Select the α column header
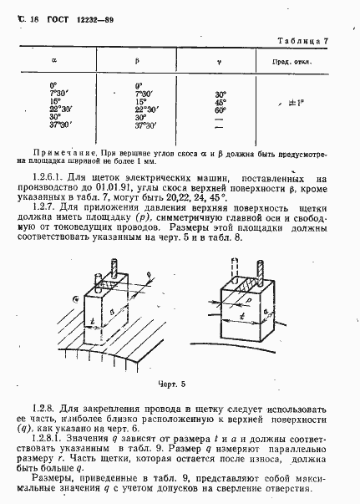(x=54, y=64)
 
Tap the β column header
(x=138, y=64)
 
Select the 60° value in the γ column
(x=221, y=109)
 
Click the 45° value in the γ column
(x=221, y=103)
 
